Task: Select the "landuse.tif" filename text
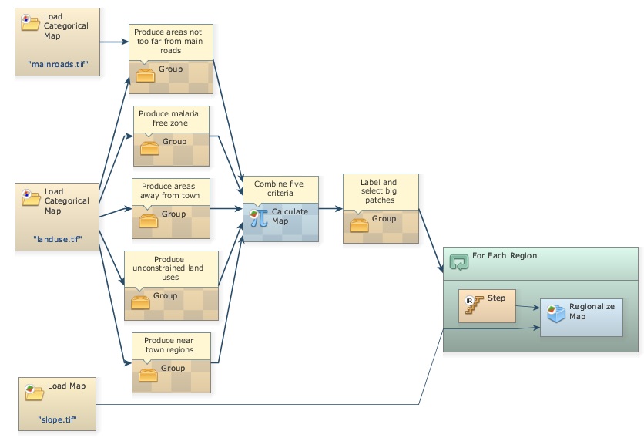tap(58, 239)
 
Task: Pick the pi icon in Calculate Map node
tap(259, 217)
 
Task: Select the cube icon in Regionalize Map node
tap(555, 312)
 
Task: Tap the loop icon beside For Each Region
tap(458, 262)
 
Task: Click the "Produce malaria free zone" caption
tap(171, 119)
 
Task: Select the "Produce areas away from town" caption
tap(169, 190)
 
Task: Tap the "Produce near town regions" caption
tap(169, 345)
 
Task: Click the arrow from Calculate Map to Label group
tap(330, 208)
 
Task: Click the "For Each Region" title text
tap(505, 256)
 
